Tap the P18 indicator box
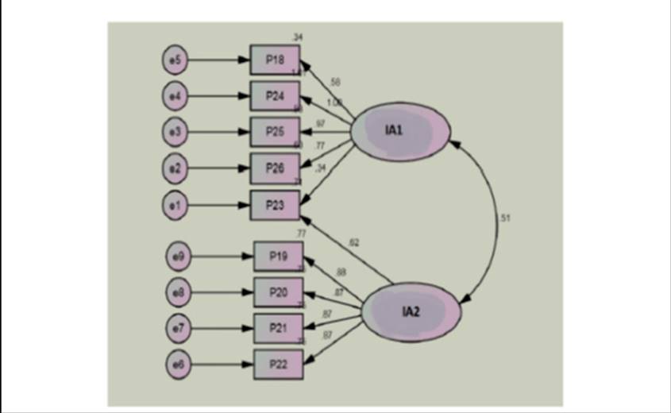[275, 60]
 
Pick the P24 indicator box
[275, 95]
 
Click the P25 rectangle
[275, 131]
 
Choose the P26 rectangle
[275, 168]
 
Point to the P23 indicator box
[275, 205]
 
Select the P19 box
[278, 256]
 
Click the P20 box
[278, 292]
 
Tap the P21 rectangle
[278, 328]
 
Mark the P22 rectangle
[278, 365]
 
